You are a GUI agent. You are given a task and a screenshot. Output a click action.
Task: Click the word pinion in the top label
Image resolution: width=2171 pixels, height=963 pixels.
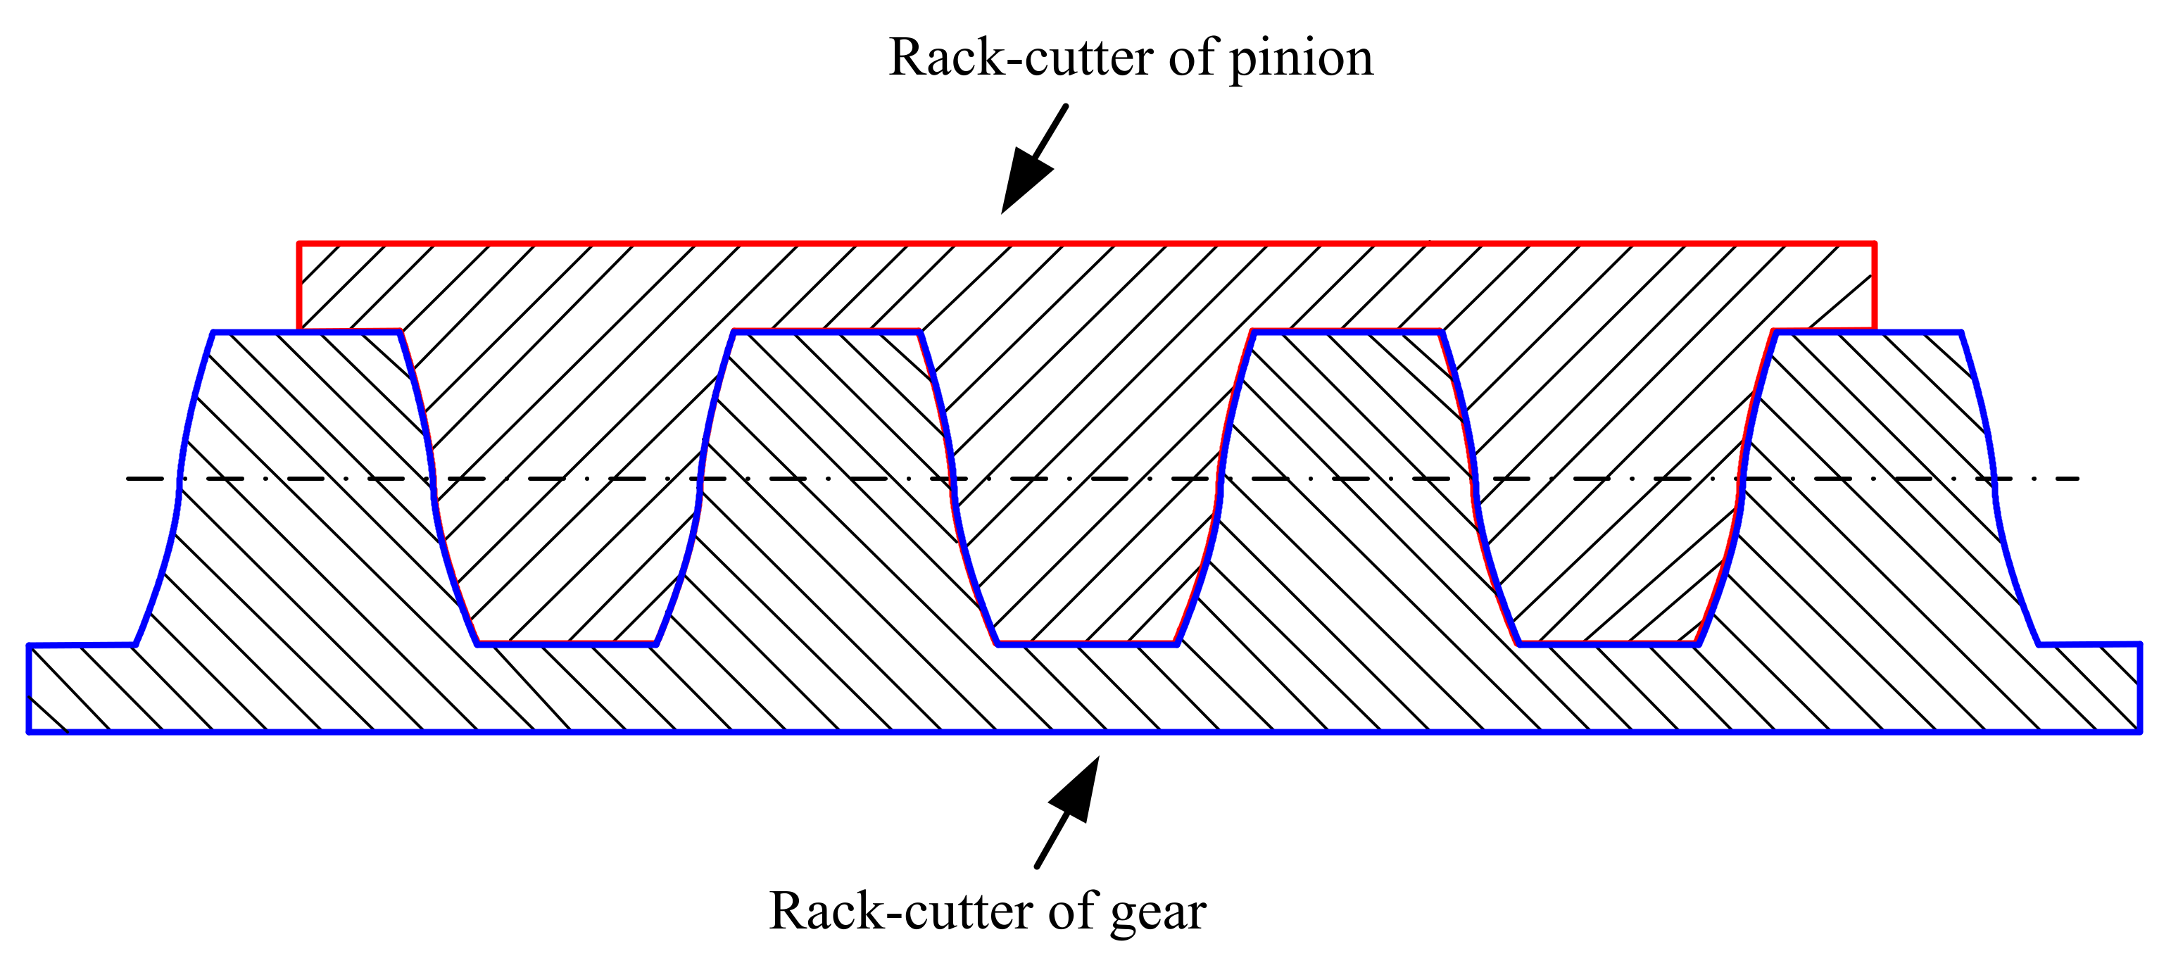[1300, 59]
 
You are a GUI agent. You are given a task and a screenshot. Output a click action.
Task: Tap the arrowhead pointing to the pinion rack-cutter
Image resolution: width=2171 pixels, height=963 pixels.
[1024, 181]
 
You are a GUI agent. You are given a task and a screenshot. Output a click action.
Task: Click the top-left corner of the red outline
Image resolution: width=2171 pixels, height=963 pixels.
[299, 244]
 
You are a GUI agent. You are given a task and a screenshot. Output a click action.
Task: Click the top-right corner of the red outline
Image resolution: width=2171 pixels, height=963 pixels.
[1873, 244]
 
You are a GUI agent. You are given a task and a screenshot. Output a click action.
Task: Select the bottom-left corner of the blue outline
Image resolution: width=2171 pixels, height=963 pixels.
[30, 731]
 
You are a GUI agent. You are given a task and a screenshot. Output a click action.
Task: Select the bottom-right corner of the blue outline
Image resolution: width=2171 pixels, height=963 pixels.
[2140, 731]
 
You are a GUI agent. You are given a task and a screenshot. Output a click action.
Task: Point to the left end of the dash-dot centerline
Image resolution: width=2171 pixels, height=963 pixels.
[128, 479]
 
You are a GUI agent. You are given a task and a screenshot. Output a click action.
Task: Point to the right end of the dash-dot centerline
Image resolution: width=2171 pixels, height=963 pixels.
[2078, 479]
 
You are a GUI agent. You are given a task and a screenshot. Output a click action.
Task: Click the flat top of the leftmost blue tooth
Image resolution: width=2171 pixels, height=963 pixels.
[307, 332]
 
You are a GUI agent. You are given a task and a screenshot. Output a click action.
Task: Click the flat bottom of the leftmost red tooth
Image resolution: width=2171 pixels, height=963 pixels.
[567, 643]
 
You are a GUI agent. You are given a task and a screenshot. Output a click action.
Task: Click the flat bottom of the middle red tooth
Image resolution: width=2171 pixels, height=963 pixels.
[1087, 643]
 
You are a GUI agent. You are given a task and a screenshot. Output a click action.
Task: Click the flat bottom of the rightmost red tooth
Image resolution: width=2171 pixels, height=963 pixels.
[1607, 643]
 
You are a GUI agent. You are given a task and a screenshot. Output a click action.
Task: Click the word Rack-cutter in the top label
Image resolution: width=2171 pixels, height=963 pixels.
[1021, 59]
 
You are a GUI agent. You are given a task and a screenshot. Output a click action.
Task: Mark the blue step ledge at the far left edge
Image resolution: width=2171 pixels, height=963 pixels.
[82, 646]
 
